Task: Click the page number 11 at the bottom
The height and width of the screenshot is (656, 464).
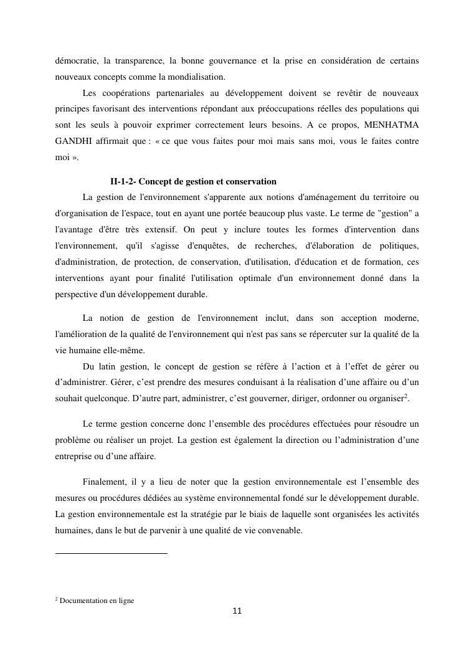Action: (237, 611)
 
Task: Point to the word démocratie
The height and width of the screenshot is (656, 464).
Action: (75, 61)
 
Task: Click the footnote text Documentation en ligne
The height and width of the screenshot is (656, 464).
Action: (97, 601)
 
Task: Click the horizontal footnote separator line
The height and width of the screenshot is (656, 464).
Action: (111, 553)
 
